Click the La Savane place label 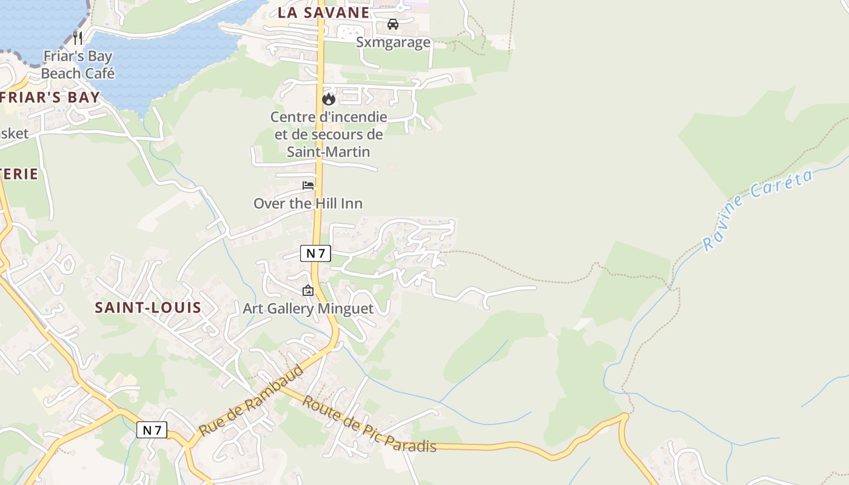tap(324, 13)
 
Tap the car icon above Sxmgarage tap(393, 24)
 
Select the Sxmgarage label tap(393, 42)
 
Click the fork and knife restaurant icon tap(77, 38)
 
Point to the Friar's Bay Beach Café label tap(78, 65)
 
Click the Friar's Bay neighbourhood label tap(50, 97)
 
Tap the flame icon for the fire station tap(329, 98)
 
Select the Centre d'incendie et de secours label tap(328, 134)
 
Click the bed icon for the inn tap(308, 186)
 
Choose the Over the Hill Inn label tap(308, 204)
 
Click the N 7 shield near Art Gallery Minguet tap(316, 253)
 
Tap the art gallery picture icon tap(307, 291)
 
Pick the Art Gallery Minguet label tap(308, 309)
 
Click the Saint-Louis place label tap(148, 307)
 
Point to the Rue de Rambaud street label tap(251, 401)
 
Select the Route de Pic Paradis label tap(369, 425)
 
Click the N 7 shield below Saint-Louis tap(152, 430)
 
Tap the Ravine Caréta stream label tap(757, 209)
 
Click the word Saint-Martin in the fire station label tap(328, 152)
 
